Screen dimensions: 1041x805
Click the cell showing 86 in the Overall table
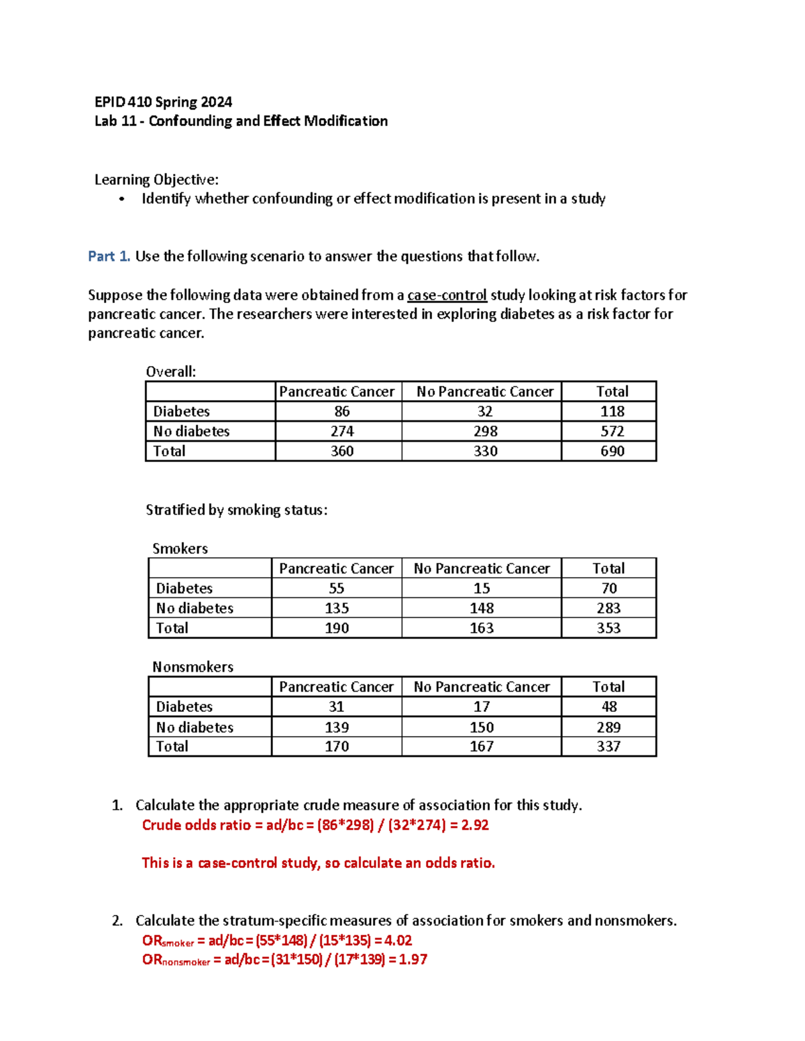(341, 411)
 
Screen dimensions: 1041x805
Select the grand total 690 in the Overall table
(612, 451)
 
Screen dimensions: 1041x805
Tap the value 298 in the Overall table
(485, 431)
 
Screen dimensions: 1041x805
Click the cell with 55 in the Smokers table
(336, 588)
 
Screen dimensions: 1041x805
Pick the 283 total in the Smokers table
(608, 608)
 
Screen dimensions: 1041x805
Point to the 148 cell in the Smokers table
(482, 608)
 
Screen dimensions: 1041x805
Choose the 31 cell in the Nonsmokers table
(336, 707)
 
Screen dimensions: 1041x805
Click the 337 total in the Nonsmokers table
(608, 746)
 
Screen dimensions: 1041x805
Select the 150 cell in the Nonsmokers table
(482, 727)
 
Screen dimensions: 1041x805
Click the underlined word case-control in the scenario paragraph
(447, 295)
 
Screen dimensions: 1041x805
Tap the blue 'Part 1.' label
(109, 256)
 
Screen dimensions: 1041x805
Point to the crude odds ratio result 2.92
(475, 824)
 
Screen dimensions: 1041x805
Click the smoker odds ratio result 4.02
(398, 940)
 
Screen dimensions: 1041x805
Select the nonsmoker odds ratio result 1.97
(413, 959)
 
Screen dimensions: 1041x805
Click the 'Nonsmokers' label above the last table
(193, 666)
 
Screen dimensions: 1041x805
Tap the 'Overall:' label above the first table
(171, 371)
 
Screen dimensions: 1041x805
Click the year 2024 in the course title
(215, 102)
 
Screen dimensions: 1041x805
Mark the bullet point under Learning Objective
(121, 199)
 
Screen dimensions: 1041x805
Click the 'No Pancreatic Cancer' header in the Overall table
(485, 391)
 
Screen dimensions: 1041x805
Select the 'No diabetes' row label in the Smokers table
(195, 608)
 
